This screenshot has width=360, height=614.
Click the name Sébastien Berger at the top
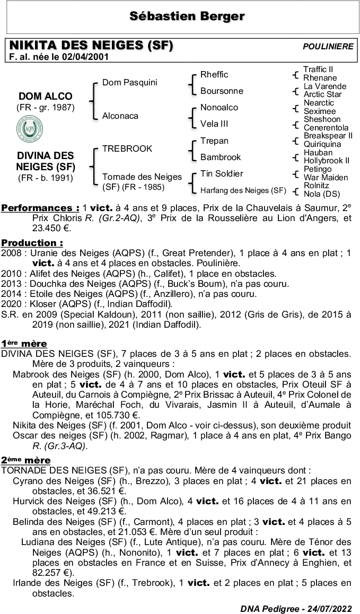point(187,16)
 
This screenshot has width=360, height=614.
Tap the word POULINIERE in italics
point(328,47)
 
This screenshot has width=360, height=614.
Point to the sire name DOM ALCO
point(46,97)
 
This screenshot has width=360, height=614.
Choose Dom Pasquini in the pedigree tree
point(129,83)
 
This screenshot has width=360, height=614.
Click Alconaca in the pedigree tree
point(120,116)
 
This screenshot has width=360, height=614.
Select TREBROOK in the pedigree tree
point(127,149)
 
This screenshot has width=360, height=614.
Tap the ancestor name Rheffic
point(214,75)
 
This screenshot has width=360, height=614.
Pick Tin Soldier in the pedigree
point(222,174)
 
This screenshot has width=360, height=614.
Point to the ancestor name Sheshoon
point(322,119)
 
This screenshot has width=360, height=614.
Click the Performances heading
point(40,208)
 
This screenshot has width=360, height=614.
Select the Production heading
point(32,242)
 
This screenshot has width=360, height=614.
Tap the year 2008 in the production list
point(12,253)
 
